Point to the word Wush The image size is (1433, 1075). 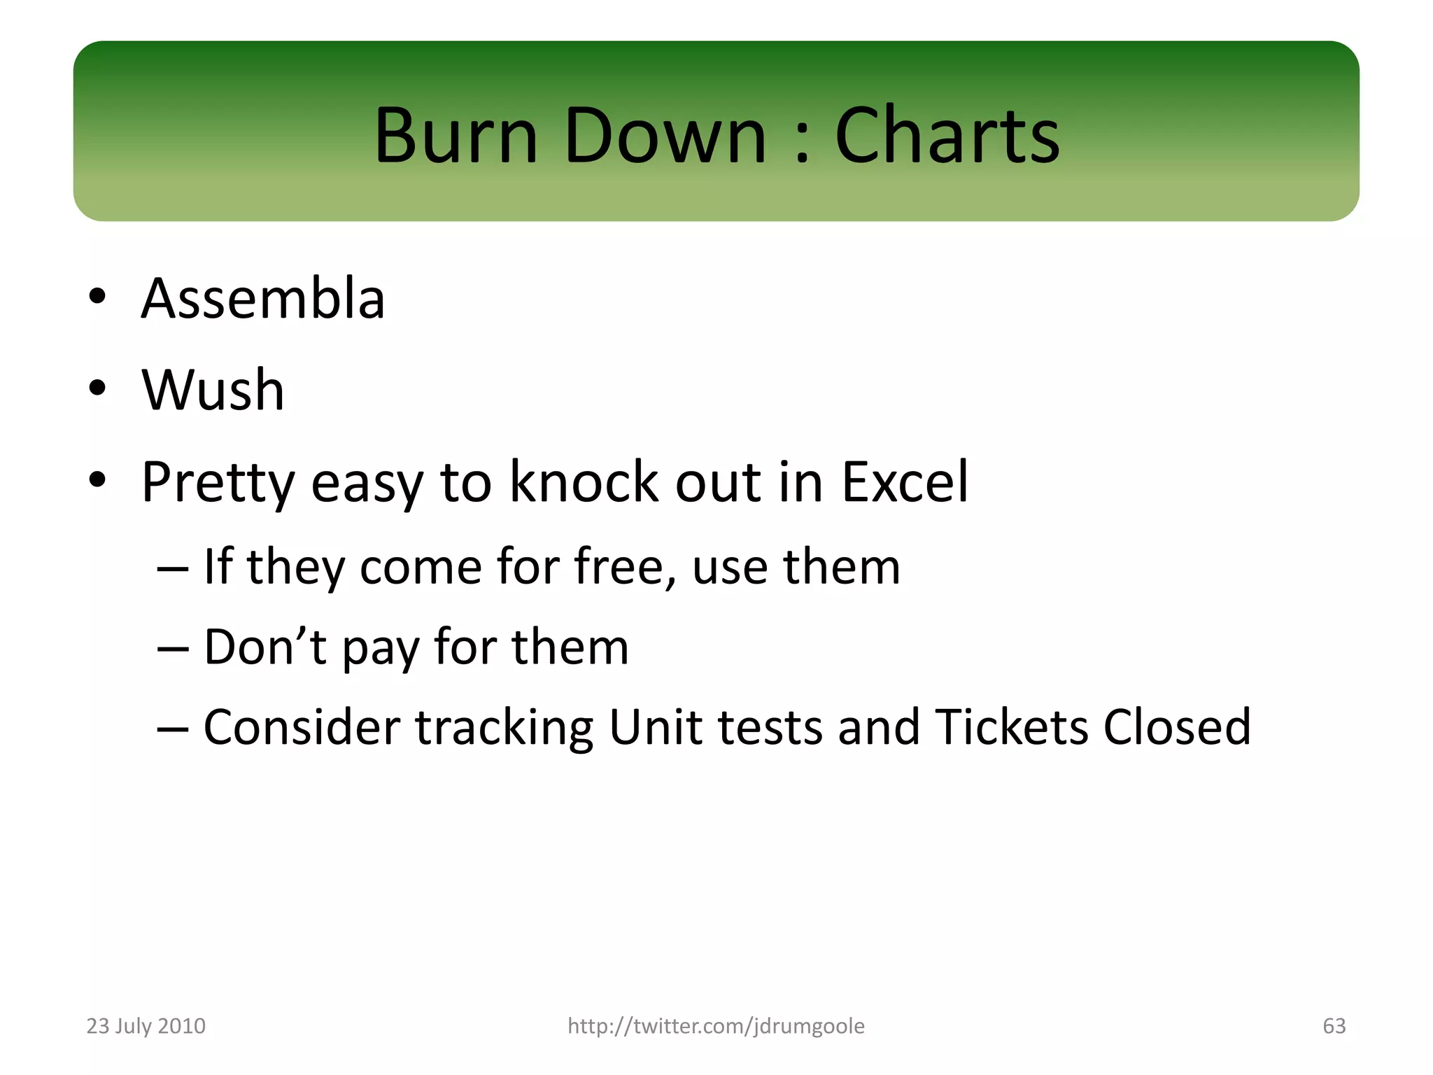pos(213,390)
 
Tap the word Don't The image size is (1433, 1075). pos(264,647)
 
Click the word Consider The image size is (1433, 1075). pos(302,727)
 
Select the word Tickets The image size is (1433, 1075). pos(1011,727)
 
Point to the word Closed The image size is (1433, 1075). pos(1177,727)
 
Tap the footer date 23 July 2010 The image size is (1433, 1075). pos(146,1026)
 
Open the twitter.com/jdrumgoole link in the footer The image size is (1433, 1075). pos(716,1026)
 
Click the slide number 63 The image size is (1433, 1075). pos(1334,1026)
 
